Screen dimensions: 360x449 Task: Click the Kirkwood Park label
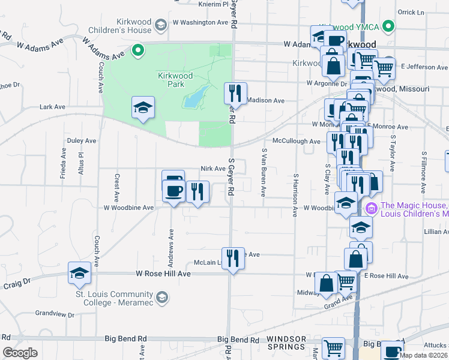tap(175, 80)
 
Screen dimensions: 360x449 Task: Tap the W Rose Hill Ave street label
tap(163, 274)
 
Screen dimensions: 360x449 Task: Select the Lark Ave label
tap(52, 107)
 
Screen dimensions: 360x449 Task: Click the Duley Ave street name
tap(82, 141)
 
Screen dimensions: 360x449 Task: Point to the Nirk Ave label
tap(212, 169)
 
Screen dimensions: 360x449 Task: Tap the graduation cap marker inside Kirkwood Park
tap(143, 108)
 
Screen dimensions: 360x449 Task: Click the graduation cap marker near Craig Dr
tap(80, 273)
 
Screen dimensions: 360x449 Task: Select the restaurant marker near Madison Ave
tap(235, 93)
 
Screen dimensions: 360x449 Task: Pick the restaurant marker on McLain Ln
tap(234, 259)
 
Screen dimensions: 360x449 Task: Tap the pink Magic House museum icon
tap(370, 209)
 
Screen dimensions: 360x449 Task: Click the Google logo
tap(20, 353)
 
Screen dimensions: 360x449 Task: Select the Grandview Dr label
tap(54, 314)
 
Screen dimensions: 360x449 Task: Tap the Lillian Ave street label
tap(436, 232)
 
